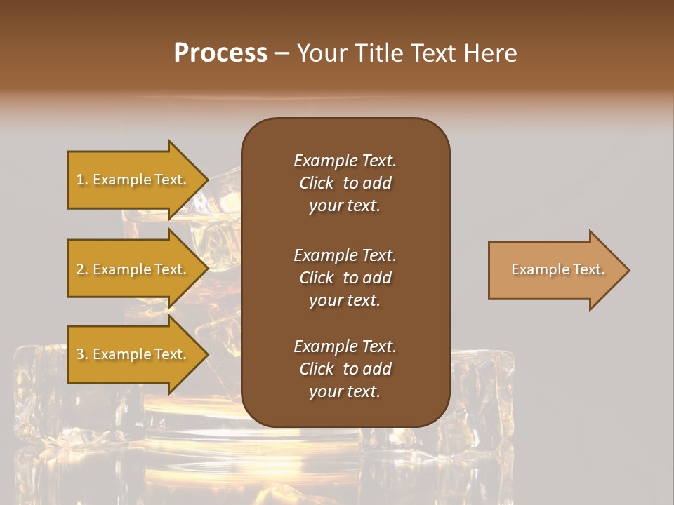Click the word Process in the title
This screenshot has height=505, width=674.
(220, 53)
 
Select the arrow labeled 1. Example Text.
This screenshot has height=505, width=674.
(133, 180)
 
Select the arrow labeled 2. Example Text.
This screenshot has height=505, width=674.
(133, 269)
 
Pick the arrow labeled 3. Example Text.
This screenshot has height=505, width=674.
(133, 354)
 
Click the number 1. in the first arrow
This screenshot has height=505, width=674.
(82, 180)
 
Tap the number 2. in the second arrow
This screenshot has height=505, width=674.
(82, 269)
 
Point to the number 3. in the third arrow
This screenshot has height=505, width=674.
(82, 354)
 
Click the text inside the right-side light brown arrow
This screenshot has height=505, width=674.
(557, 269)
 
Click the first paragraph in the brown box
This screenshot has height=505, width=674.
(345, 183)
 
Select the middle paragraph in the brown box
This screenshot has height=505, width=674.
(345, 278)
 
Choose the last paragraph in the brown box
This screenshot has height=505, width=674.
(345, 369)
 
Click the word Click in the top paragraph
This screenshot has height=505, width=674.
(316, 183)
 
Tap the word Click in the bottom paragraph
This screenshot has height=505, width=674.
(316, 369)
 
